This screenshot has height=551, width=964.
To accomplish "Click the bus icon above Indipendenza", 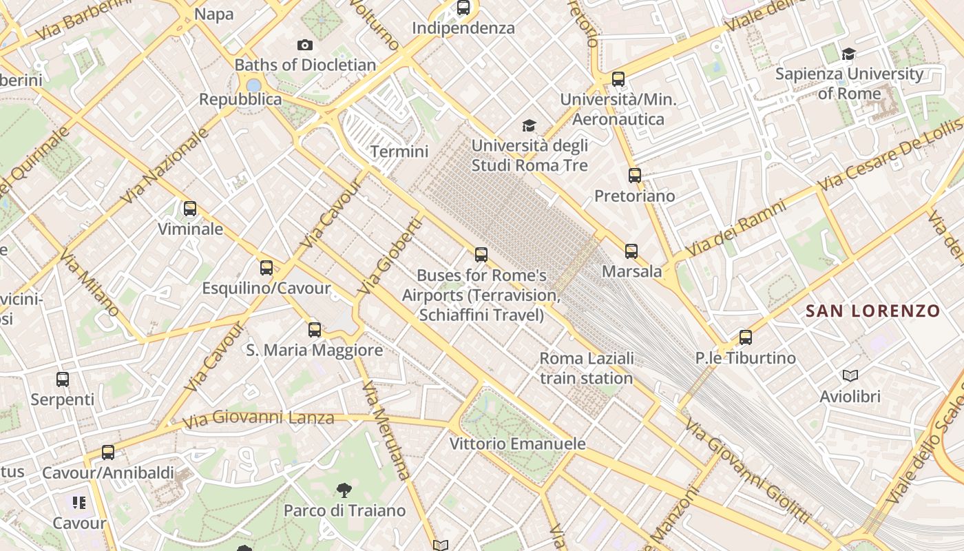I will pyautogui.click(x=463, y=8).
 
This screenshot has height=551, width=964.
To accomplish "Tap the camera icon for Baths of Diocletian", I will pyautogui.click(x=305, y=45).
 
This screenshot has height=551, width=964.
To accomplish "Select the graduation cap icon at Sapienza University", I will pyautogui.click(x=849, y=54).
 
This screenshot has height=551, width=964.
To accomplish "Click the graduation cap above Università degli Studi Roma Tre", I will pyautogui.click(x=529, y=125).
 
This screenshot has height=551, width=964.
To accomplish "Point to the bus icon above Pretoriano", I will pyautogui.click(x=635, y=176).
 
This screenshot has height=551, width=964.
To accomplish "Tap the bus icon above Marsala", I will pyautogui.click(x=631, y=251).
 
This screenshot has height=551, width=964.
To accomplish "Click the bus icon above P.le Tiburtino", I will pyautogui.click(x=746, y=337).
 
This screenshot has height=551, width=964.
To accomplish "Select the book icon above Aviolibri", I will pyautogui.click(x=850, y=376).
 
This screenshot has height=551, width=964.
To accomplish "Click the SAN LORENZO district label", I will pyautogui.click(x=872, y=311).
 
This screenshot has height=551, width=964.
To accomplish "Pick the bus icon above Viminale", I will pyautogui.click(x=190, y=208).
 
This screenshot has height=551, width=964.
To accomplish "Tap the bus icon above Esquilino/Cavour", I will pyautogui.click(x=266, y=268).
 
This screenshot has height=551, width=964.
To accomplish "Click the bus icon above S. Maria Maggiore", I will pyautogui.click(x=315, y=330).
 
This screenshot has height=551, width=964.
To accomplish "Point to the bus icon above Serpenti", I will pyautogui.click(x=63, y=379).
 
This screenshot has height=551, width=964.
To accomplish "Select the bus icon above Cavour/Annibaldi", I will pyautogui.click(x=108, y=453).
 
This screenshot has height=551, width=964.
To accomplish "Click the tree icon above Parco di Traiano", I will pyautogui.click(x=344, y=490).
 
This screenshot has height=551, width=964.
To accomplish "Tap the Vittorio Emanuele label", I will pyautogui.click(x=517, y=444).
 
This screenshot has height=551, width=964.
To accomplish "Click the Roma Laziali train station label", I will pyautogui.click(x=587, y=368).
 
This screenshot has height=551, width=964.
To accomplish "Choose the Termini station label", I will pyautogui.click(x=399, y=152).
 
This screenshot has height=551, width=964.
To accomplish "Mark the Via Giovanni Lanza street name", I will pyautogui.click(x=259, y=417).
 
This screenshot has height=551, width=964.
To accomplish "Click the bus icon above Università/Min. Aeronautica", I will pyautogui.click(x=618, y=79).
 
